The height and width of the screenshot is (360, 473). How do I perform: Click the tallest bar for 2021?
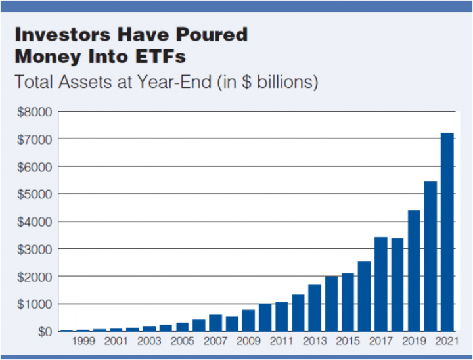point(447,232)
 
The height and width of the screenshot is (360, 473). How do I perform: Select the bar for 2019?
point(414,271)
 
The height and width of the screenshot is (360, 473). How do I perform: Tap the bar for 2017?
point(381,284)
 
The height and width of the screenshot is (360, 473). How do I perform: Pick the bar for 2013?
point(315,308)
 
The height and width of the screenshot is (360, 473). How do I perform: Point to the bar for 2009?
point(248,321)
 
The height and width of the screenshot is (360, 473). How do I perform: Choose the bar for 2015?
point(348,302)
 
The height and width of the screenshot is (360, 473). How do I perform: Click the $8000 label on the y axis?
point(35,112)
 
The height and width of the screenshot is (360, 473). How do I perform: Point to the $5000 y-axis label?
point(35,194)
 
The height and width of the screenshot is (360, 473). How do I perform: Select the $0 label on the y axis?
point(45,332)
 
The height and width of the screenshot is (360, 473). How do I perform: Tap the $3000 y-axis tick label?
point(35,250)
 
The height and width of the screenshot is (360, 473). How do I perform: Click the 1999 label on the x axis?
point(83,341)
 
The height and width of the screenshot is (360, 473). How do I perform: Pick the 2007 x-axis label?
point(215,341)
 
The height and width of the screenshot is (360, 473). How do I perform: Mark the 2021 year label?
point(447,341)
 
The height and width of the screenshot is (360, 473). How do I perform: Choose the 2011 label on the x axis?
point(281,341)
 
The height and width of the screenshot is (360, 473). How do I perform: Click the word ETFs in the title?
point(160,56)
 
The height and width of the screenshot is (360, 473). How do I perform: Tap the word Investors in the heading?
point(63,34)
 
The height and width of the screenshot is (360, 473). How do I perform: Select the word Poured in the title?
point(212,34)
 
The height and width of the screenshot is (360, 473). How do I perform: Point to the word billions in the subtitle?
point(288,81)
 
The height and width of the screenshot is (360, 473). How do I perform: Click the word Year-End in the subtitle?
point(174,81)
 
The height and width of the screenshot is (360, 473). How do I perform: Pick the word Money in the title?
point(48,56)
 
